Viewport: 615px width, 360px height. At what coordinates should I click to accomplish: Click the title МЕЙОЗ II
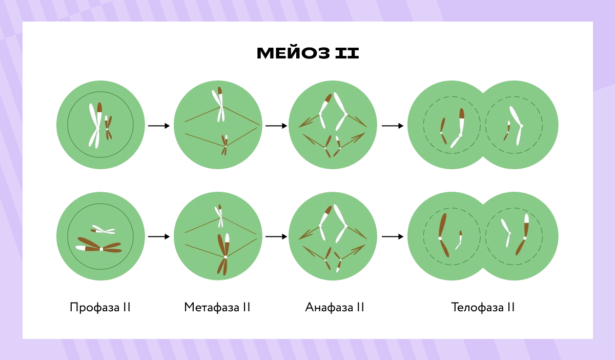click(307, 53)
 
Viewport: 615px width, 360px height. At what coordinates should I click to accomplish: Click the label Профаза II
click(100, 308)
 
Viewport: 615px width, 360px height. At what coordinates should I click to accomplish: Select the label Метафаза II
click(217, 308)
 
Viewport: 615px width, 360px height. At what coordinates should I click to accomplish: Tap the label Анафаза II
click(335, 308)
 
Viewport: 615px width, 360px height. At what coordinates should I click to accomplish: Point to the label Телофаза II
click(483, 308)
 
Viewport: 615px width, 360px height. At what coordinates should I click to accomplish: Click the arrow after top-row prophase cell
click(158, 126)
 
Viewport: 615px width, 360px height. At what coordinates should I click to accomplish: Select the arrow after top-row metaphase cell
click(276, 126)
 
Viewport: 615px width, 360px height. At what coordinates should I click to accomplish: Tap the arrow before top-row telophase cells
click(393, 126)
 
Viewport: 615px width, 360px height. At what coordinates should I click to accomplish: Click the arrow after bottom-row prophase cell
click(158, 237)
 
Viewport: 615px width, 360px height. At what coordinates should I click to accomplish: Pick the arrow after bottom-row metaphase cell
click(276, 237)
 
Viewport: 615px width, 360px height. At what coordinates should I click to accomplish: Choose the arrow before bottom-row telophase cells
click(393, 237)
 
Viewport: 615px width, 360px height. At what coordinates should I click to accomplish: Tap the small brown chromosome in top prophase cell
click(108, 128)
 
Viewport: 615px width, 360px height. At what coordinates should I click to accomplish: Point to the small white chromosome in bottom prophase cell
click(103, 230)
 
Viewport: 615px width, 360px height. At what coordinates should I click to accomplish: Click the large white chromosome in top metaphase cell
click(219, 105)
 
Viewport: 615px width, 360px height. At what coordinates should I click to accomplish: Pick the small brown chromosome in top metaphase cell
click(224, 144)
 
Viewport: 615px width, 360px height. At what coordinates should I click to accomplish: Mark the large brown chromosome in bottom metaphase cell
click(224, 254)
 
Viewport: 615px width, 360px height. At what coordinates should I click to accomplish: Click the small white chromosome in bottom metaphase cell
click(219, 216)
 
